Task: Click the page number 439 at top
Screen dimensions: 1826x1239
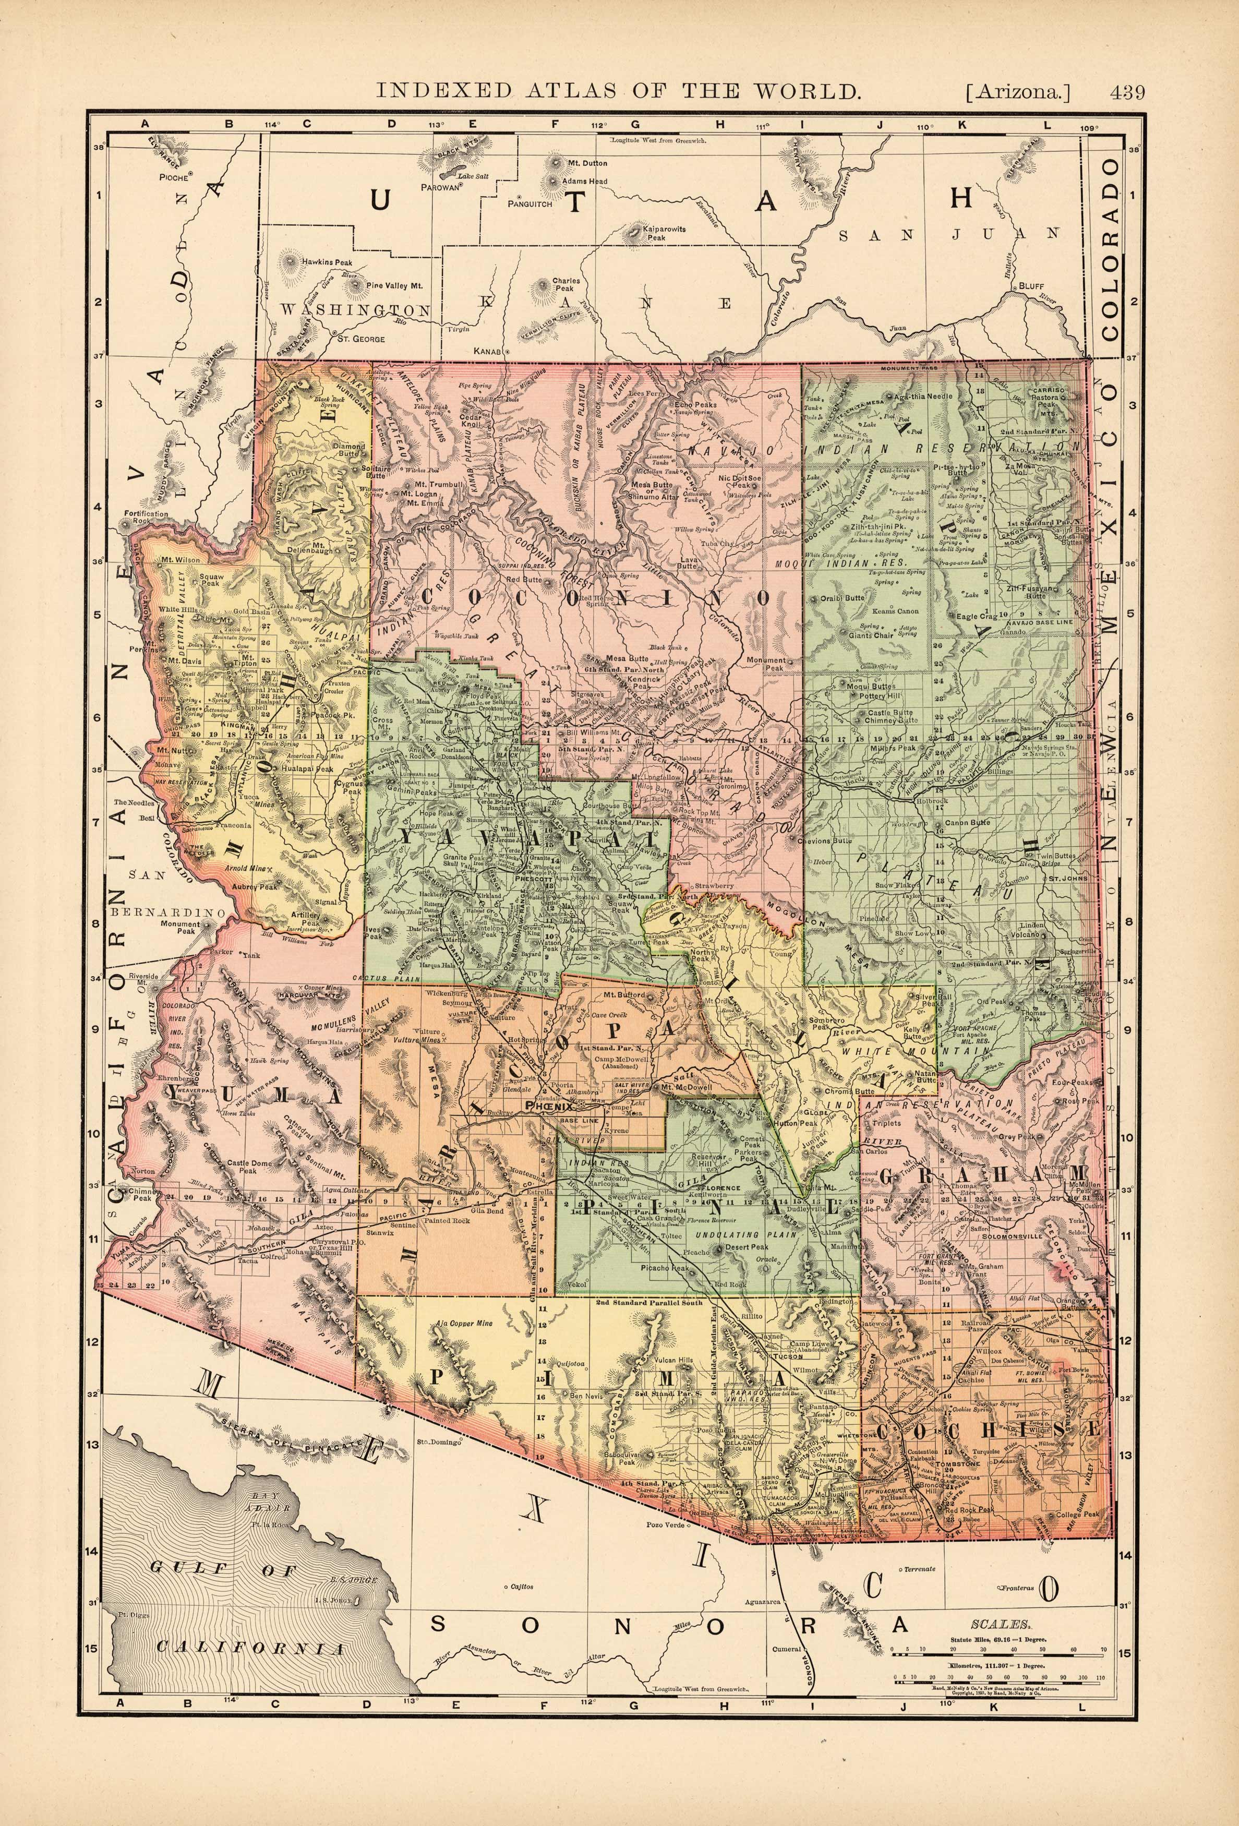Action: pyautogui.click(x=1127, y=91)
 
